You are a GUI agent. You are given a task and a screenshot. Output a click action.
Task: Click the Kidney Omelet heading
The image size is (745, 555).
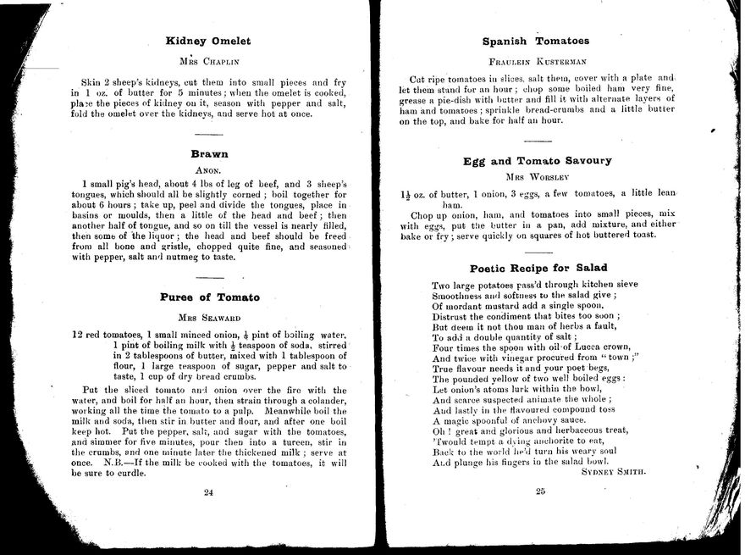point(208,40)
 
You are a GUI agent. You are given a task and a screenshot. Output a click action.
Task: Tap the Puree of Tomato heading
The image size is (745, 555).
point(209,297)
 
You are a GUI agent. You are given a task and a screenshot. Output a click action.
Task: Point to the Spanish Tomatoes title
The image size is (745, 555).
point(535,40)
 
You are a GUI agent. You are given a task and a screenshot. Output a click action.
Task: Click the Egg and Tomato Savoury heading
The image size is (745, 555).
point(537,160)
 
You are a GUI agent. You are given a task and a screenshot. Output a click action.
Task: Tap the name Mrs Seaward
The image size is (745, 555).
point(208,318)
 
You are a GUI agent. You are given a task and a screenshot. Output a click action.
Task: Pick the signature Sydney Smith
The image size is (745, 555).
point(614,472)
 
